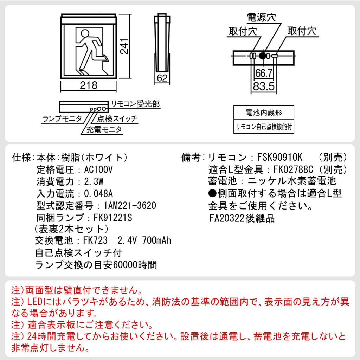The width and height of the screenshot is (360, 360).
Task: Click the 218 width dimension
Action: tap(88, 85)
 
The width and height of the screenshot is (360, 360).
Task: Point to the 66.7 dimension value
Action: tap(264, 73)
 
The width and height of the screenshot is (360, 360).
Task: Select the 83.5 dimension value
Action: tap(264, 86)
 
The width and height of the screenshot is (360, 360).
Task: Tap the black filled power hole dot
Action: tap(262, 56)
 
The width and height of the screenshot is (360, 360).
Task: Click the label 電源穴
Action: tap(262, 17)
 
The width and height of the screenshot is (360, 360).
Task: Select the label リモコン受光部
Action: tap(135, 104)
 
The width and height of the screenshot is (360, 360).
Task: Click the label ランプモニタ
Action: tap(62, 118)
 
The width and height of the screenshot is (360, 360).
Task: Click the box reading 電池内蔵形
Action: tap(264, 113)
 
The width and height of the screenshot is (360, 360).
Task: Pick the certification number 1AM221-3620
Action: tap(130, 205)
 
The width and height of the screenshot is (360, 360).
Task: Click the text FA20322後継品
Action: tap(242, 218)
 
